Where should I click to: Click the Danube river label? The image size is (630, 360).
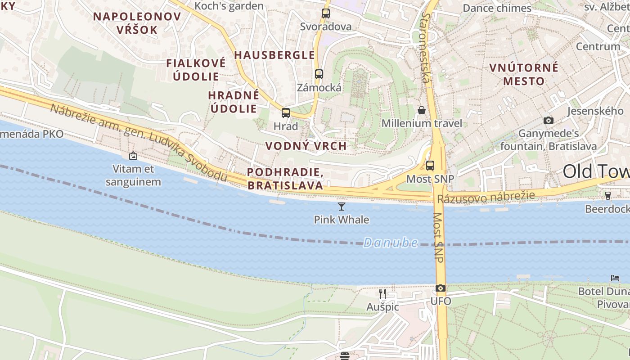coord(390,243)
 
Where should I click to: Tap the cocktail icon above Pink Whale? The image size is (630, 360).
coord(342,207)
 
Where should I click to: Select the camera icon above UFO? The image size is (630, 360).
coord(441,288)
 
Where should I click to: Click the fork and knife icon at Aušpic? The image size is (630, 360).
coord(382,294)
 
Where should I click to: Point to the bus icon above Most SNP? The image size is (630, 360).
coord(430,165)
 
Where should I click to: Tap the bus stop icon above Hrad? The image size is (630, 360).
coord(286,113)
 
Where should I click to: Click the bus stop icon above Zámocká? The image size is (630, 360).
coord(319,74)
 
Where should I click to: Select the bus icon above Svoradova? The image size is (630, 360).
coord(326,13)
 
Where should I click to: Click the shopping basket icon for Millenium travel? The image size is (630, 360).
coord(422,110)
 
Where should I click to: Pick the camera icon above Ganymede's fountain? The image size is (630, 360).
coord(548,120)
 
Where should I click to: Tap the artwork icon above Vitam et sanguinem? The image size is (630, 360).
coord(133,156)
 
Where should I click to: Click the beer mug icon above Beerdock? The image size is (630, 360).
coord(608,195)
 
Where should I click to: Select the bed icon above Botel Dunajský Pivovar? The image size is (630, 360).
coord(615,278)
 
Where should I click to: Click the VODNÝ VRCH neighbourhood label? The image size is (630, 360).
coord(306,146)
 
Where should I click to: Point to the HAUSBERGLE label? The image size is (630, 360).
coord(274,55)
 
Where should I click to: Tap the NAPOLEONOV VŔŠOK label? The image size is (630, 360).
coord(137,23)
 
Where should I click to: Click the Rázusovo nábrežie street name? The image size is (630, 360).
coord(486,197)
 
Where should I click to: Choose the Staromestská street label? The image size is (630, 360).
coord(425,47)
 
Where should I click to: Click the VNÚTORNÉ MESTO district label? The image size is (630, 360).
coord(524,75)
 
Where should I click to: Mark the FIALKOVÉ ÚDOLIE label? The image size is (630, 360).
coord(196,70)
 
